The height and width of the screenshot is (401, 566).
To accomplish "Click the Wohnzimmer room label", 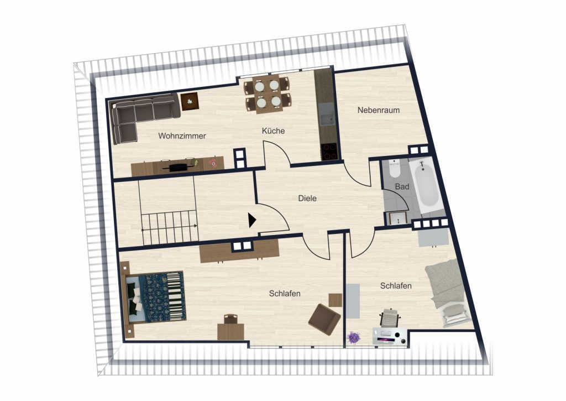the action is pyautogui.click(x=182, y=136).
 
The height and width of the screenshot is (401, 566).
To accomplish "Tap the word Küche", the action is pyautogui.click(x=273, y=131).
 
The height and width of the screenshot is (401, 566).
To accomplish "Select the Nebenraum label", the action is pyautogui.click(x=378, y=110).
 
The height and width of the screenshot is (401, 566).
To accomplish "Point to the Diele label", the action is pyautogui.click(x=307, y=199).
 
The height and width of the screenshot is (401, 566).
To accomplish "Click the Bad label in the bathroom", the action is pyautogui.click(x=402, y=186).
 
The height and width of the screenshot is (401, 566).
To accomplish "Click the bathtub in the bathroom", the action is pyautogui.click(x=426, y=185).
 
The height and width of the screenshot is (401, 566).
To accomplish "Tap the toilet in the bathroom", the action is pyautogui.click(x=395, y=168).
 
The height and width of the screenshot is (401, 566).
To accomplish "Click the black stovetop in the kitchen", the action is pyautogui.click(x=329, y=152).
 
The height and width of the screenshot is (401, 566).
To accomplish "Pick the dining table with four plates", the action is pyautogui.click(x=267, y=94).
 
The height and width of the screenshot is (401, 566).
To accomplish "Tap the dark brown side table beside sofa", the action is pyautogui.click(x=190, y=101).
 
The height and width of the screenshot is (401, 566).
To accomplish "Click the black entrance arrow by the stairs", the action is pyautogui.click(x=252, y=220).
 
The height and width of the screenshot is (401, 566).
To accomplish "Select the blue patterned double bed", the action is pyautogui.click(x=155, y=297).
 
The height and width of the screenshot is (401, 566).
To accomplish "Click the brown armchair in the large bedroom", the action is pyautogui.click(x=324, y=319).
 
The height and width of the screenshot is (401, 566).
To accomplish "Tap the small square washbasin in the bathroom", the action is pyautogui.click(x=397, y=218).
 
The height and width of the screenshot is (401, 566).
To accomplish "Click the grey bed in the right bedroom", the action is pyautogui.click(x=448, y=293).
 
